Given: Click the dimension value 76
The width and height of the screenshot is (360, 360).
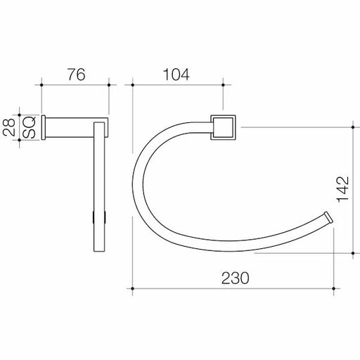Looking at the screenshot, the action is pyautogui.click(x=77, y=75).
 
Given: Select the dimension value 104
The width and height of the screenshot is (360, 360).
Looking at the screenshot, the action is pyautogui.click(x=176, y=75).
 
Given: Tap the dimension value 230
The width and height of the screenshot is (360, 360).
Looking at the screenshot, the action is pyautogui.click(x=235, y=278).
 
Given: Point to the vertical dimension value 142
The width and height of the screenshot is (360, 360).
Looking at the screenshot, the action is pyautogui.click(x=343, y=189).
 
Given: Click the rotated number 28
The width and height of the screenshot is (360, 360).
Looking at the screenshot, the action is pyautogui.click(x=9, y=127).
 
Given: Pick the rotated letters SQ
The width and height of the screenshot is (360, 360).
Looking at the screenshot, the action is pyautogui.click(x=29, y=127).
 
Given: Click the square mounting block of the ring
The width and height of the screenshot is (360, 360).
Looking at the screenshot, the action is pyautogui.click(x=223, y=127).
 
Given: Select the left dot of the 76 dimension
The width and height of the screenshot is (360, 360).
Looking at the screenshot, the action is pyautogui.click(x=41, y=85).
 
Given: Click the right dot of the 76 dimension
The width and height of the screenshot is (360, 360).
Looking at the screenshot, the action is pyautogui.click(x=109, y=85).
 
